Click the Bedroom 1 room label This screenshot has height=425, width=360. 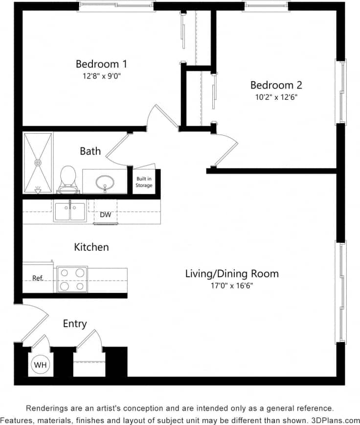pyautogui.click(x=101, y=64)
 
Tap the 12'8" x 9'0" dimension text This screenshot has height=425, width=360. pyautogui.click(x=101, y=76)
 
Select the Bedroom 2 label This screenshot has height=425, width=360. pyautogui.click(x=276, y=85)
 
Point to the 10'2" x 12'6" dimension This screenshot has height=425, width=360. pyautogui.click(x=276, y=97)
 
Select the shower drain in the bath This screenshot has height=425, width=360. pyautogui.click(x=38, y=162)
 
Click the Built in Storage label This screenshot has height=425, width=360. pyautogui.click(x=144, y=182)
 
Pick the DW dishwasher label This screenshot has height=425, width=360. pyautogui.click(x=105, y=214)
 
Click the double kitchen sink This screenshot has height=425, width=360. pyautogui.click(x=70, y=212)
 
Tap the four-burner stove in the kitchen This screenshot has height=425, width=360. pyautogui.click(x=72, y=279)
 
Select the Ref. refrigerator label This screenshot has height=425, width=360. pyautogui.click(x=38, y=278)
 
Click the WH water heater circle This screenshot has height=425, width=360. pyautogui.click(x=40, y=365)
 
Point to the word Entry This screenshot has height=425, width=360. pyautogui.click(x=75, y=324)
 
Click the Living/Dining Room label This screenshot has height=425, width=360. pyautogui.click(x=231, y=273)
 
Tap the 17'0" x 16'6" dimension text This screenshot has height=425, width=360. pyautogui.click(x=231, y=285)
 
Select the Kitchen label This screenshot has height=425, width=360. pyautogui.click(x=91, y=247)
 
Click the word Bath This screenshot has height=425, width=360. pyautogui.click(x=90, y=151)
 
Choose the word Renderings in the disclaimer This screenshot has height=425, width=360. pyautogui.click(x=47, y=408)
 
